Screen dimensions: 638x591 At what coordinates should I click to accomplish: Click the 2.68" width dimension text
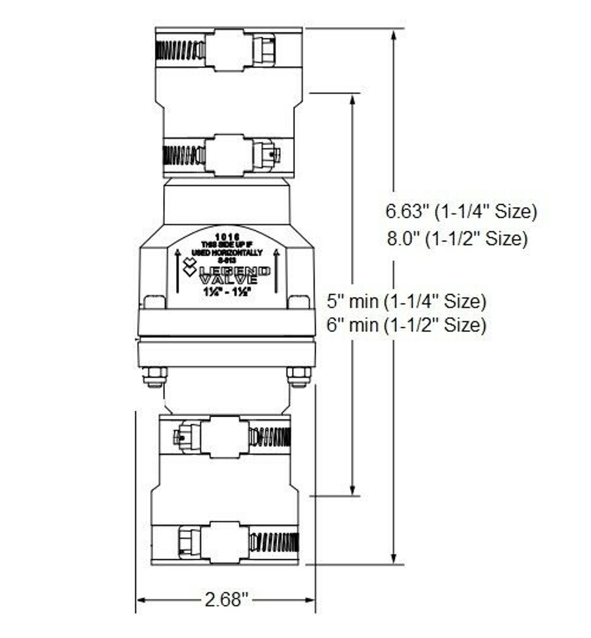pos(226,599)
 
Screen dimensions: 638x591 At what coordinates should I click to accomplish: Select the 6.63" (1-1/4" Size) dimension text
pos(461,211)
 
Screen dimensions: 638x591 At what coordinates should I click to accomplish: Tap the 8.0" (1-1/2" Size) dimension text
pos(457,239)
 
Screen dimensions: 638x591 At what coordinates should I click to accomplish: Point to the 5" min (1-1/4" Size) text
pos(406,301)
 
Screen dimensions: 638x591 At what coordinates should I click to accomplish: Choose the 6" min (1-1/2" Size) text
pos(406,325)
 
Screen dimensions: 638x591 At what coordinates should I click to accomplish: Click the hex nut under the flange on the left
pos(155,376)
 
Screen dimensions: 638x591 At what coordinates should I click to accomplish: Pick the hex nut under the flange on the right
pos(299,376)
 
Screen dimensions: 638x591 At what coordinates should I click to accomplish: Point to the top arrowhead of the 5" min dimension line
pos(353,99)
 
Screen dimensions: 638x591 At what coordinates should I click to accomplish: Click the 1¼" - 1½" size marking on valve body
pos(227,293)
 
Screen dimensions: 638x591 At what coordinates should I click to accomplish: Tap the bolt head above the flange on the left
pos(154,302)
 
